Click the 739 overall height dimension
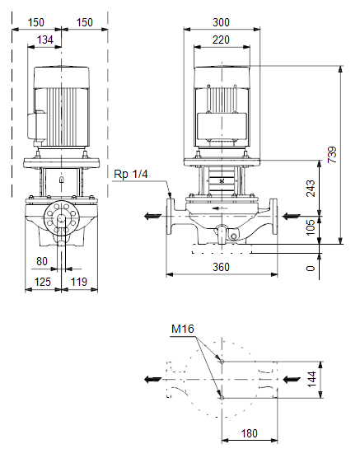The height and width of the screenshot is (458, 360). point(332,155)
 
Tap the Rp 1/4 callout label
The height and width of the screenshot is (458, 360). point(131,174)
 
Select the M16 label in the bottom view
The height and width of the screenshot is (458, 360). point(183,329)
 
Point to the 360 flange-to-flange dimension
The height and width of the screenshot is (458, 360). point(222,267)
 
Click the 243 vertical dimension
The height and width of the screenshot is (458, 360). point(311,189)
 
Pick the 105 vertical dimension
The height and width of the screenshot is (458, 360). point(311,227)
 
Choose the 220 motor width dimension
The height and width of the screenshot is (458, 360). point(222,40)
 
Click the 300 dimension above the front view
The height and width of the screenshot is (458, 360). point(222,22)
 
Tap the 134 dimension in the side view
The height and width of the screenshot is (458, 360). point(45,40)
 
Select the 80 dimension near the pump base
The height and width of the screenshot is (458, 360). point(42,261)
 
